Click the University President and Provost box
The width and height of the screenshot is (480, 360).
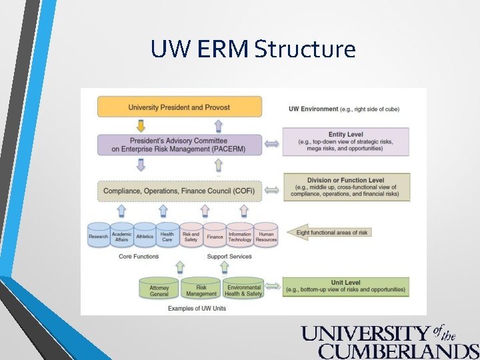(179, 107)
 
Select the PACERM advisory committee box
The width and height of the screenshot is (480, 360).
(179, 145)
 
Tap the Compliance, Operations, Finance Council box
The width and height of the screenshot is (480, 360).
(179, 191)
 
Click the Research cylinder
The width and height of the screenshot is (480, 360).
(99, 236)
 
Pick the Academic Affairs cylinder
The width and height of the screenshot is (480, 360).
(121, 236)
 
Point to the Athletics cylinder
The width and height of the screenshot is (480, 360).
(144, 236)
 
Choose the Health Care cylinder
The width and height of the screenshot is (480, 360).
(167, 236)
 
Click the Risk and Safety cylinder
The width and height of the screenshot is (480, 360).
(191, 236)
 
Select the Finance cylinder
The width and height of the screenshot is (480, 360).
(215, 236)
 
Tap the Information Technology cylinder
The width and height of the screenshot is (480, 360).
(240, 236)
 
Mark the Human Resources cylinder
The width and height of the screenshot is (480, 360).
(266, 236)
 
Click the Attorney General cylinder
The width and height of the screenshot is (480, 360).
(159, 289)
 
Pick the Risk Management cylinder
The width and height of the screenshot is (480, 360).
(201, 289)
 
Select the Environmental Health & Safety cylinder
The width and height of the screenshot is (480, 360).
(243, 289)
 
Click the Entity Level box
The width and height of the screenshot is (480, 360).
(345, 142)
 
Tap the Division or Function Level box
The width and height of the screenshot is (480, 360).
(345, 187)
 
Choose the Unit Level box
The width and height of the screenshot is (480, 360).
(345, 287)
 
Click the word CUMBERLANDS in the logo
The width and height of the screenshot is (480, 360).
(398, 351)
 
